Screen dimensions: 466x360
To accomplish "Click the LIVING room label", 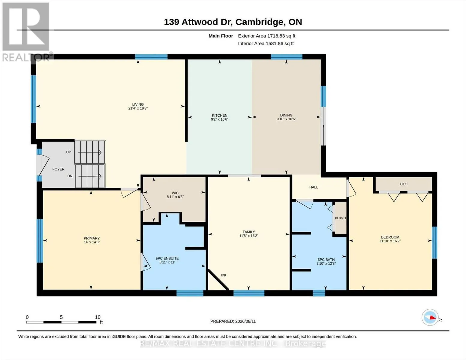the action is coord(138,104).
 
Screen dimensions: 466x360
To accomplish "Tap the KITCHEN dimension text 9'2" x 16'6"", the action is coord(220,119).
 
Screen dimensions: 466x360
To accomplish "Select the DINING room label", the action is coord(286,115).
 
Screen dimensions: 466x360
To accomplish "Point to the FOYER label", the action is coord(58,169).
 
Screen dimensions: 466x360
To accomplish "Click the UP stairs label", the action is coord(68,152).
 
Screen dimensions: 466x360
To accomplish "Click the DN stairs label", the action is coord(70,176).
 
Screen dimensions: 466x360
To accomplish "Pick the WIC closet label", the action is coord(175,193).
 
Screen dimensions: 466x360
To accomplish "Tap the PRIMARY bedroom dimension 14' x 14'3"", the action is coord(92,242).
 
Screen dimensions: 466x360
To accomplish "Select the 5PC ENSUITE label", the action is coord(167,258).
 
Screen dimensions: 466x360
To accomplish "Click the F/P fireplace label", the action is coord(223,275).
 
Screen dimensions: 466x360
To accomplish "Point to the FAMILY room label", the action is coord(249,232).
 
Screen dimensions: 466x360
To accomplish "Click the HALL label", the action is coord(314,187).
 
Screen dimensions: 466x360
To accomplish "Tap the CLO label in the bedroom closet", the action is coord(404,184).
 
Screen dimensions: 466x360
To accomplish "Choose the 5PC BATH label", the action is coord(326,260).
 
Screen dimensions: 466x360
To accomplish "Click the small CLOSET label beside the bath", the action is coord(340,218).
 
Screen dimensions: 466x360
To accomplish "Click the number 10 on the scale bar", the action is coord(98,317).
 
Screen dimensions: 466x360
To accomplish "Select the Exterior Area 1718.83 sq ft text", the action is coord(266,36).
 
